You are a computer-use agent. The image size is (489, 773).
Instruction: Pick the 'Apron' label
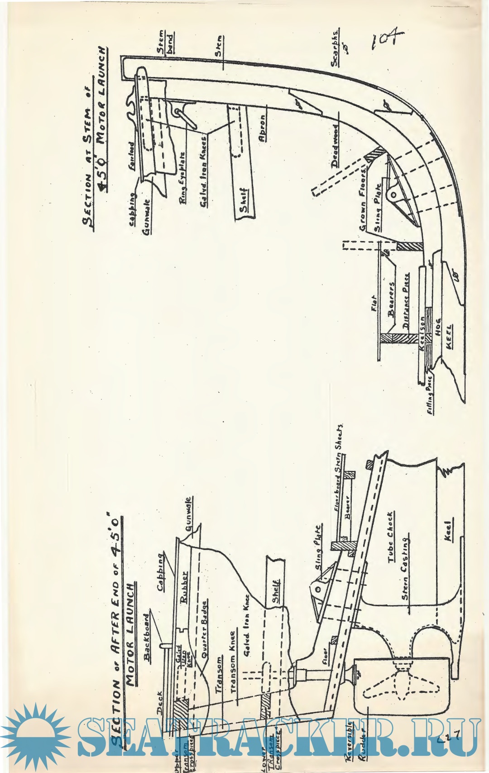coord(262,129)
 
